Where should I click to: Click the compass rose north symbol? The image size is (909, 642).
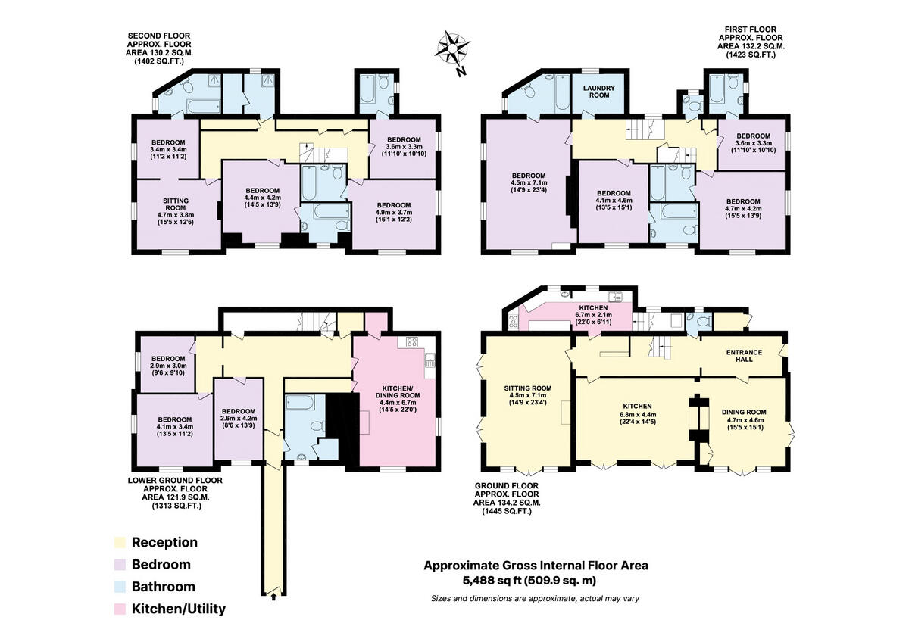pyautogui.click(x=451, y=49)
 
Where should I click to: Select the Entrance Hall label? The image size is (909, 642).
pyautogui.click(x=744, y=356)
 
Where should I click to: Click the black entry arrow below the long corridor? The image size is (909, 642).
pyautogui.click(x=274, y=597)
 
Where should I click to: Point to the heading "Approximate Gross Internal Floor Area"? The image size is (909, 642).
pyautogui.click(x=536, y=565)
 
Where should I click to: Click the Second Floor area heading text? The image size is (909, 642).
pyautogui.click(x=159, y=45)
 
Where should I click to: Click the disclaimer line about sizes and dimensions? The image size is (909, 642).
pyautogui.click(x=535, y=599)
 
